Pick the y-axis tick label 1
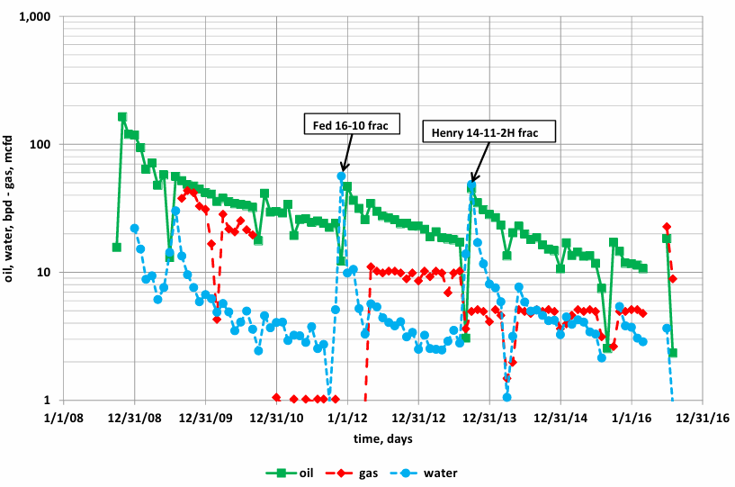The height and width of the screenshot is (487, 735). click(49, 401)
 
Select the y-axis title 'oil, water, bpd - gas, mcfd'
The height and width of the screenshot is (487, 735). click(12, 209)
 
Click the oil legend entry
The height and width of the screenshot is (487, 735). click(292, 472)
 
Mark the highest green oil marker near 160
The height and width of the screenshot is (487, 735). click(122, 117)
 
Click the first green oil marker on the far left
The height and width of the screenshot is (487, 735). click(117, 248)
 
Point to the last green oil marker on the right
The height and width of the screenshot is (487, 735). click(673, 353)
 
